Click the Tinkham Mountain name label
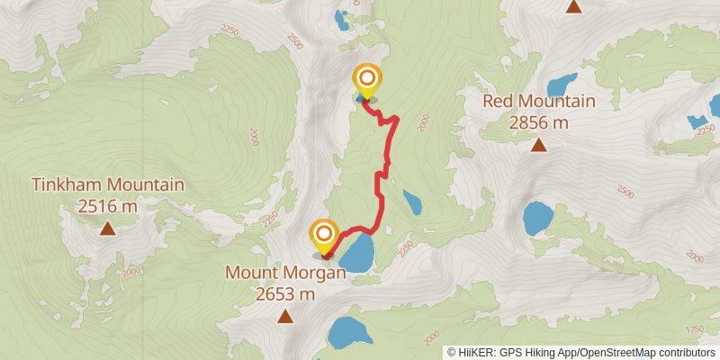click(108, 185)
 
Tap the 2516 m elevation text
click(108, 206)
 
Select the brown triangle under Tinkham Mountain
click(107, 229)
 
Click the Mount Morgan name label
click(285, 273)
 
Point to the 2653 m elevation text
click(285, 293)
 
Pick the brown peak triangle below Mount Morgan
click(285, 316)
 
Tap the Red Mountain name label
click(539, 101)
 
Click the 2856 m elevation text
click(539, 122)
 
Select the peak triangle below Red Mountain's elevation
click(538, 145)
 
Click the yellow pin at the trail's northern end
click(366, 80)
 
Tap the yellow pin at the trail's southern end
click(324, 236)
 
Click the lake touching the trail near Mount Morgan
click(356, 253)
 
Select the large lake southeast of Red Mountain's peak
click(538, 217)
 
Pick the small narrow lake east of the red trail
click(412, 202)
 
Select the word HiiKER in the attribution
click(475, 352)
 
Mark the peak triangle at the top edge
click(573, 7)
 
